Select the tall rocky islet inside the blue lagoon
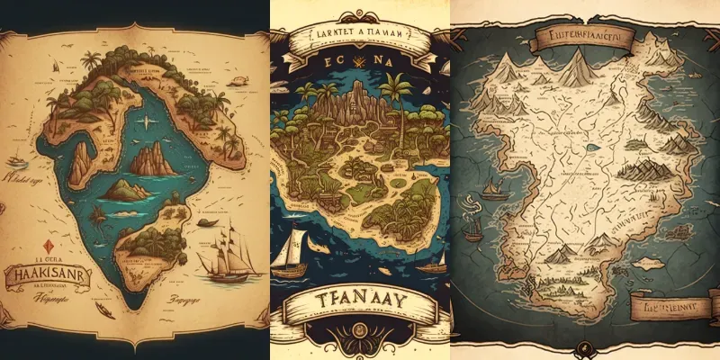tap(153, 160)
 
